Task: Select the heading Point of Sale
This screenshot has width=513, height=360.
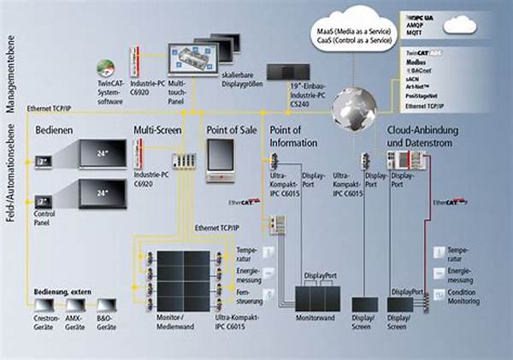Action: click(231, 130)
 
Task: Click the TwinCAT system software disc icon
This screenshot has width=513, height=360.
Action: click(106, 68)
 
